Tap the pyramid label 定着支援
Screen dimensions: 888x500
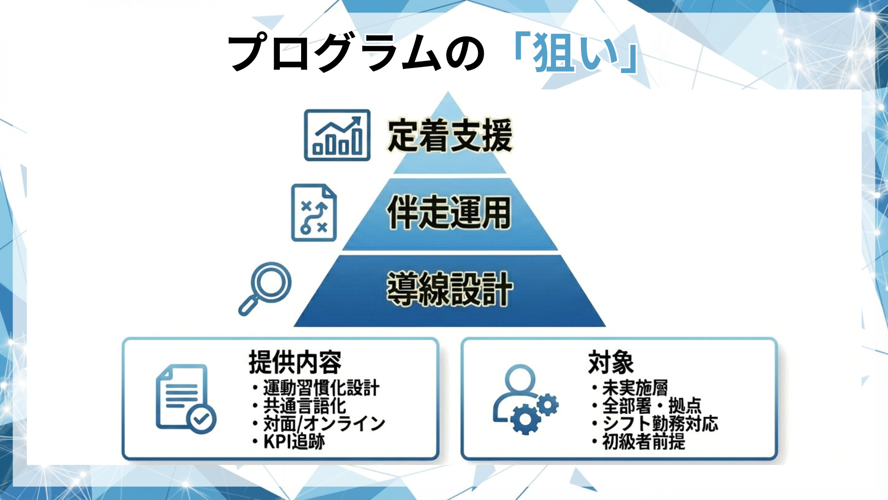pyautogui.click(x=450, y=135)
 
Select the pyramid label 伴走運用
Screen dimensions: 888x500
pyautogui.click(x=449, y=212)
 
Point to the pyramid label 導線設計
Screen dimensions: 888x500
pyautogui.click(x=450, y=289)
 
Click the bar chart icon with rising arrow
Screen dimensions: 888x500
pyautogui.click(x=337, y=135)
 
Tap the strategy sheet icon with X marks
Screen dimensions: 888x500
pyautogui.click(x=314, y=213)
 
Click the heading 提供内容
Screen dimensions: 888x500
pyautogui.click(x=295, y=362)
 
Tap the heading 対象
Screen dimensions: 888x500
pyautogui.click(x=610, y=362)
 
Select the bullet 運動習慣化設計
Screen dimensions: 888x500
pyautogui.click(x=321, y=388)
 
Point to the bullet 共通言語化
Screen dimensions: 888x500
pyautogui.click(x=304, y=406)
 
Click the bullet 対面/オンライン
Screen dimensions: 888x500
pyautogui.click(x=324, y=424)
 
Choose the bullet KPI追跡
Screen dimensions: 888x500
pyautogui.click(x=294, y=442)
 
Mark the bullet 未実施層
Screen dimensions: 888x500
pyautogui.click(x=635, y=388)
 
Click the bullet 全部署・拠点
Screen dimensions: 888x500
pyautogui.click(x=651, y=406)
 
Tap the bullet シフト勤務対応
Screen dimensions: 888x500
pyautogui.click(x=660, y=424)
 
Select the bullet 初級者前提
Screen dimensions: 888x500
pyautogui.click(x=643, y=442)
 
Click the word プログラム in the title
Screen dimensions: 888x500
pyautogui.click(x=333, y=53)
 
